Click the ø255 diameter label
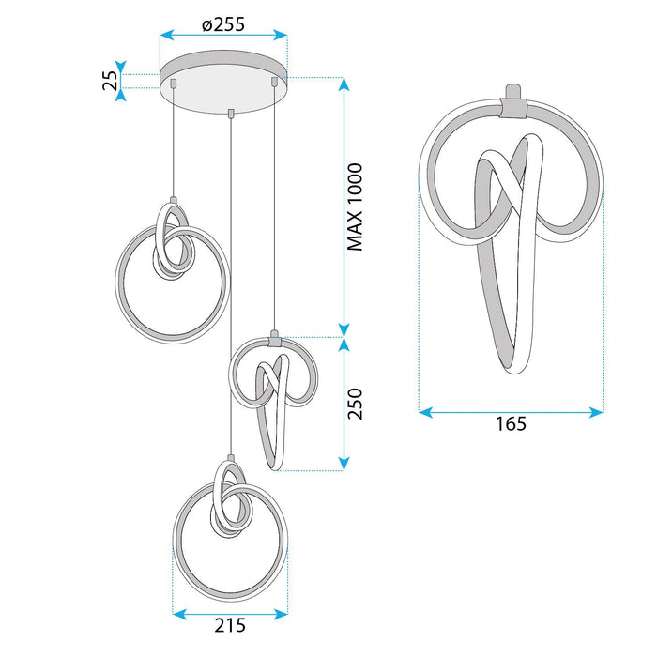coord(223,24)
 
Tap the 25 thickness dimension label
coord(110,81)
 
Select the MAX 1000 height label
coord(355,207)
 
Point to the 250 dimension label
coord(355,404)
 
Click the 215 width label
coord(230,625)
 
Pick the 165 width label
coord(511,423)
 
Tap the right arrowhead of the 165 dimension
coord(596,412)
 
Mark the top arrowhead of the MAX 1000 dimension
coord(344,84)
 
